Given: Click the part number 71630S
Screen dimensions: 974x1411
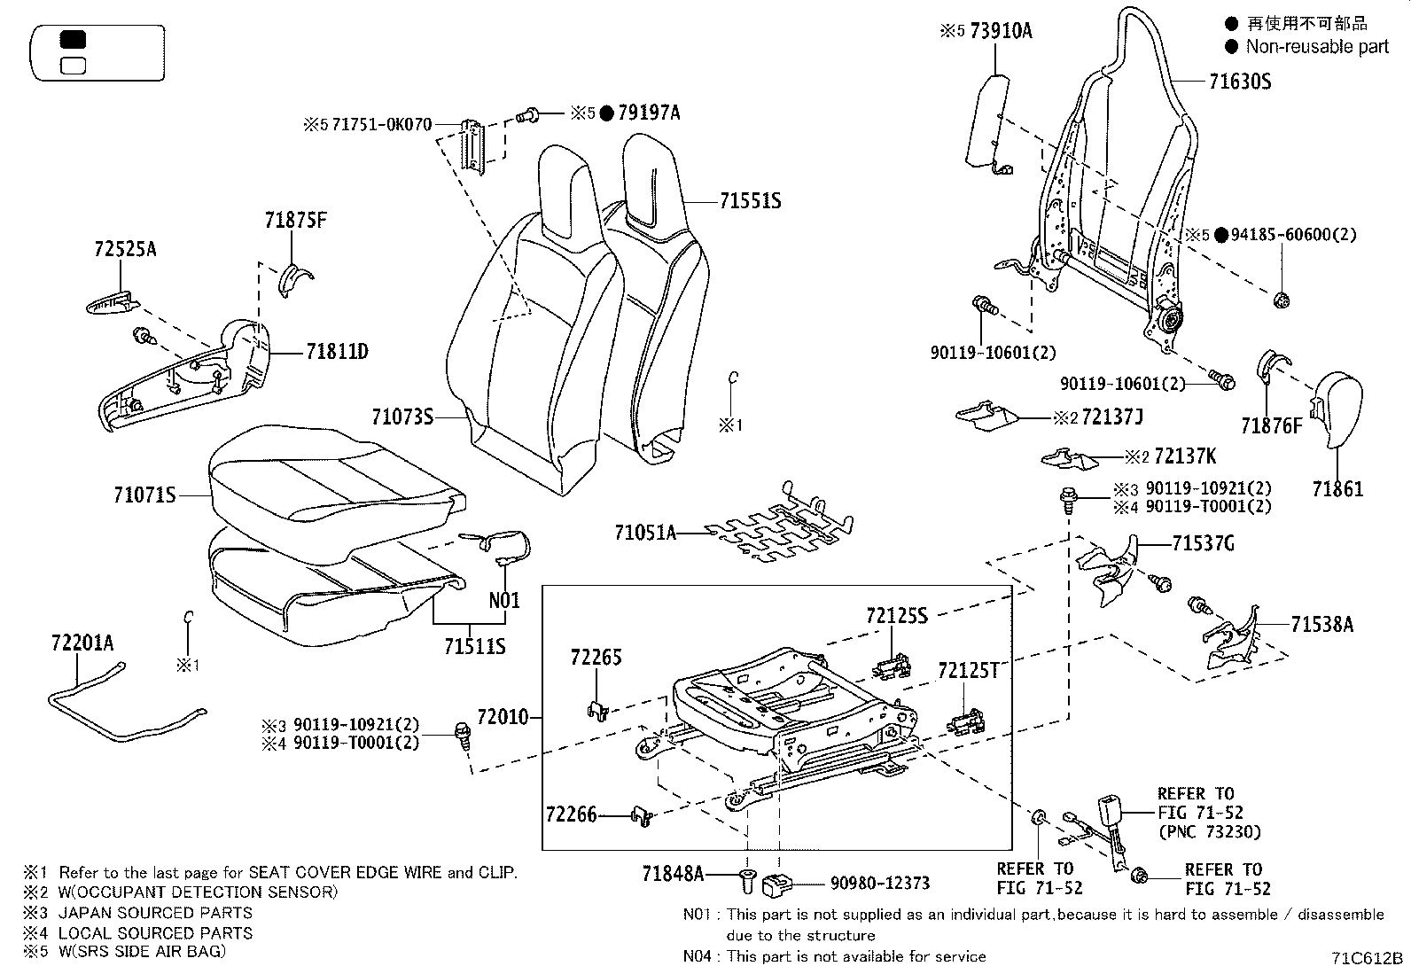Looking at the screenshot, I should [x=1240, y=82].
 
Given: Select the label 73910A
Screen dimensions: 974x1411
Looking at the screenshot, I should [x=1001, y=31].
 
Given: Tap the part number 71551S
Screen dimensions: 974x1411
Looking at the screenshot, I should [x=750, y=202].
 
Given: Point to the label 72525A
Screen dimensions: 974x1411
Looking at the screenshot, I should [x=125, y=249].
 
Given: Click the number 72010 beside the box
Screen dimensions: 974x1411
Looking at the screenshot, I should [x=503, y=716].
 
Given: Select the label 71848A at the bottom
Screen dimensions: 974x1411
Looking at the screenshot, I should [x=673, y=876].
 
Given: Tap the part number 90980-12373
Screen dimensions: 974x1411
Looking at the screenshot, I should [x=879, y=883].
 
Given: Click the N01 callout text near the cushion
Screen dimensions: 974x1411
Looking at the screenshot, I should [x=504, y=600].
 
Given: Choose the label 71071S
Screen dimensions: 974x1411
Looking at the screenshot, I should [x=144, y=495].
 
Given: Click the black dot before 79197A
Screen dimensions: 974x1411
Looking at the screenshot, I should [x=606, y=113].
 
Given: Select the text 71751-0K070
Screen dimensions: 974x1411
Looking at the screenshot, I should [x=382, y=125].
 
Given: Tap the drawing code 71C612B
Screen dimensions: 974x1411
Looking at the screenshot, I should [x=1367, y=959].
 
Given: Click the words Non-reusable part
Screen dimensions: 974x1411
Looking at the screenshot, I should [x=1317, y=46].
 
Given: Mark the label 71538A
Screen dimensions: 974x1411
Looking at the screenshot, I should [x=1321, y=625].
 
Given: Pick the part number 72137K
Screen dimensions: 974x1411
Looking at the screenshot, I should [x=1186, y=457].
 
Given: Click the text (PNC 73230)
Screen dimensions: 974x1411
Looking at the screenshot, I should [x=1208, y=831].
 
